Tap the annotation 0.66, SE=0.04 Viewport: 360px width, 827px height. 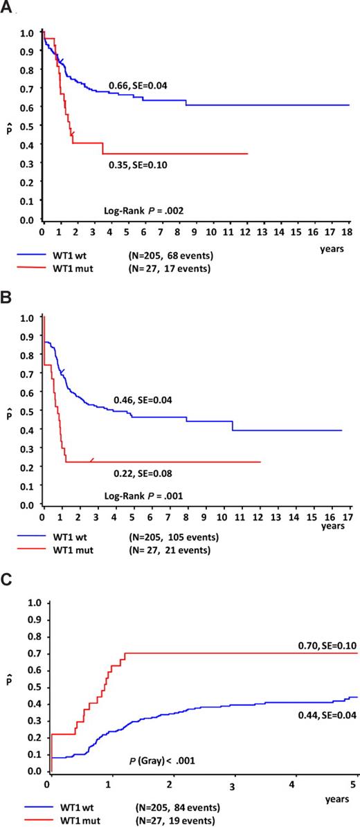pos(138,86)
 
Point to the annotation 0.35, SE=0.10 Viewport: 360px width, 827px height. pos(138,165)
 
